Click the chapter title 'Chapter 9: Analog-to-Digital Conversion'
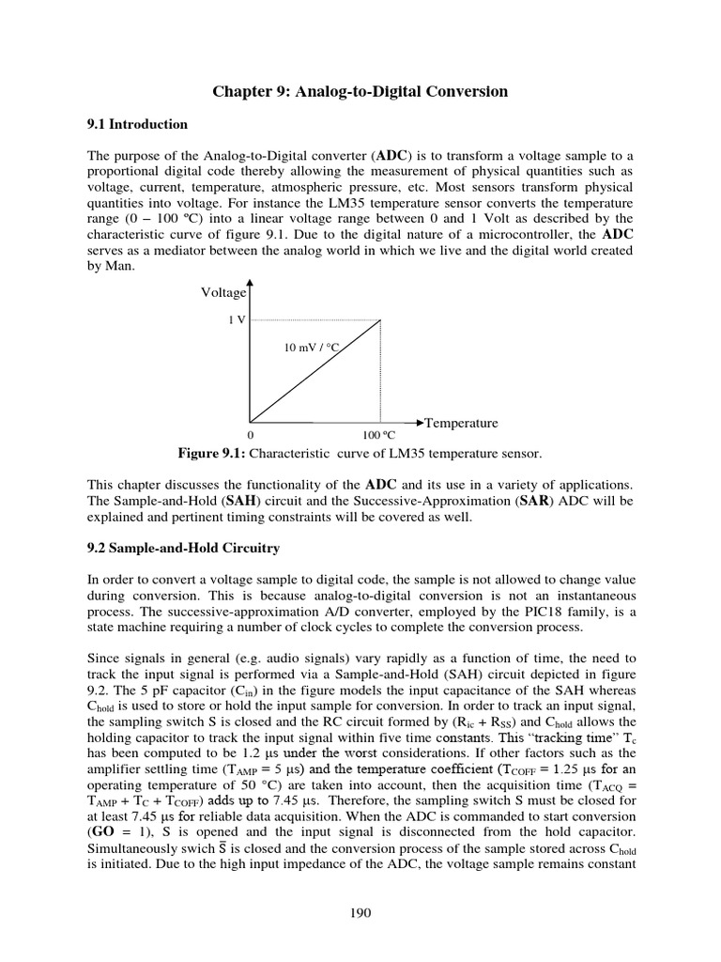tap(360, 91)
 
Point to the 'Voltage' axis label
tap(223, 293)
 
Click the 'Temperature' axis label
tap(462, 423)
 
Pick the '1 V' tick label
tap(237, 319)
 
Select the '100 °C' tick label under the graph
tap(379, 437)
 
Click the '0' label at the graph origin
tap(250, 437)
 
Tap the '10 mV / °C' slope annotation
tap(310, 348)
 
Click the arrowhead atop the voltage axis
tap(250, 283)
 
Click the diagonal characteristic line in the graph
tap(314, 370)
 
